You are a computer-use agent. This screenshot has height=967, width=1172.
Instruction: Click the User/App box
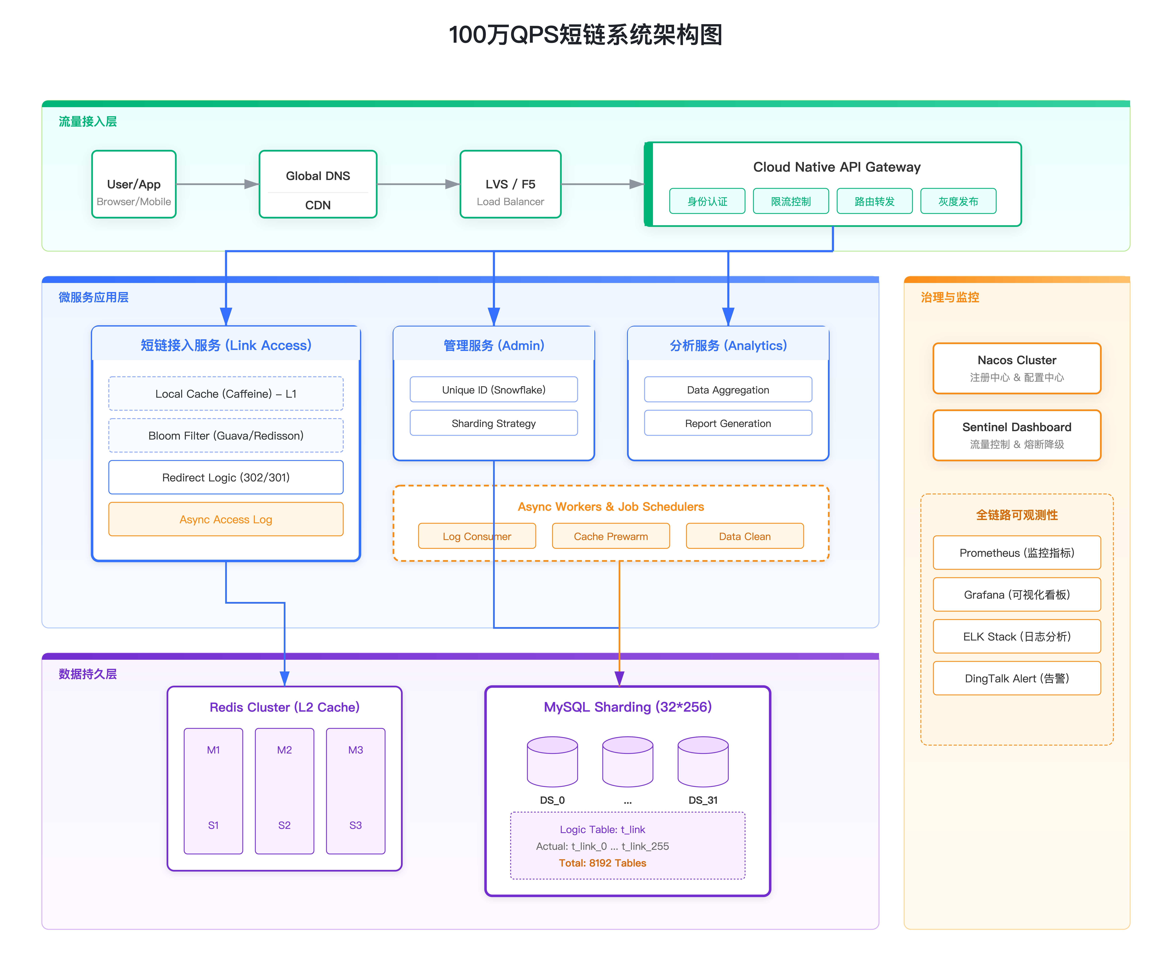coord(134,184)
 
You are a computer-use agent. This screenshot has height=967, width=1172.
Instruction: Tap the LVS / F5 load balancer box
coord(510,184)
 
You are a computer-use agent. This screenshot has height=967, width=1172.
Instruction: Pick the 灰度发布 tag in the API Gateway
coord(958,201)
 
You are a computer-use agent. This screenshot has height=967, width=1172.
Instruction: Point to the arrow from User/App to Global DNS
coord(217,184)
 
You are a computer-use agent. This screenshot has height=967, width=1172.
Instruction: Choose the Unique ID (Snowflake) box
coord(494,390)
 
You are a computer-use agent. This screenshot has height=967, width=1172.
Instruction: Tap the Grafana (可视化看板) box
coord(1017,594)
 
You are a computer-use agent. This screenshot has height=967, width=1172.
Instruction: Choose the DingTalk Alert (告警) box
coord(1017,678)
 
